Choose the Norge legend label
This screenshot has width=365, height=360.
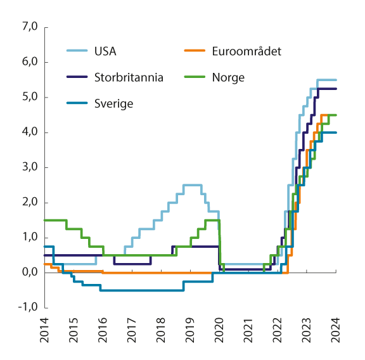pyautogui.click(x=229, y=77)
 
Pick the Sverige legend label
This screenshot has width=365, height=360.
pyautogui.click(x=113, y=103)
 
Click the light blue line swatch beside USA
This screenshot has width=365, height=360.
pyautogui.click(x=77, y=51)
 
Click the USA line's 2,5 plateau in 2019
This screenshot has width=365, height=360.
pyautogui.click(x=192, y=185)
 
